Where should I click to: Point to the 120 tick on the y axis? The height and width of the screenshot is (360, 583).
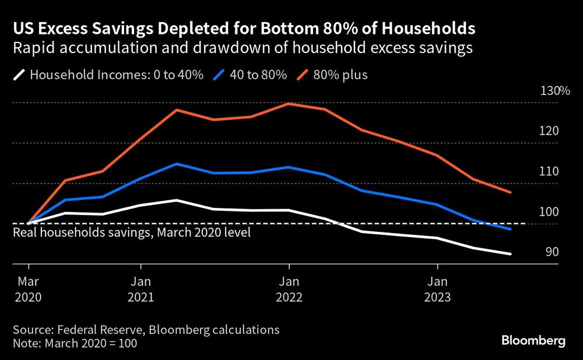tap(550, 131)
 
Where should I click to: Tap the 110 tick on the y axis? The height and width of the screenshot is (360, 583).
tap(550, 171)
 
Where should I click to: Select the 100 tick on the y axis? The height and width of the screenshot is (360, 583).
tap(550, 212)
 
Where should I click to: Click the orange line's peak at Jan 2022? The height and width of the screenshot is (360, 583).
tap(289, 104)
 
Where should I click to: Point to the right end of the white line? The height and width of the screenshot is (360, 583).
tap(511, 254)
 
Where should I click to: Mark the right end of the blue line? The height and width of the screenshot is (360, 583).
tap(511, 229)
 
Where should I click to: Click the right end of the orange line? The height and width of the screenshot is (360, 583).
tap(511, 192)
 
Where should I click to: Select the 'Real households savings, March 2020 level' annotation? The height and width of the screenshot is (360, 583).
tap(131, 233)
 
